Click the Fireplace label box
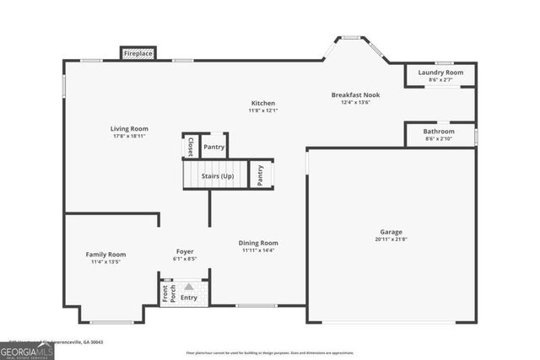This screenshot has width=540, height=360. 138,54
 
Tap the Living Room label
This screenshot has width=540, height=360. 129,129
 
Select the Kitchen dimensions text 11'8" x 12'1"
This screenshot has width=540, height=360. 263,110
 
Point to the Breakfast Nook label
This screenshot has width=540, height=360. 355,95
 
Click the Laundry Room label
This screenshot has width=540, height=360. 440,73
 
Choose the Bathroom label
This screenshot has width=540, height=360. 440,132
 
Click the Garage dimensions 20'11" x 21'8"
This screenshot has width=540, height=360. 391,239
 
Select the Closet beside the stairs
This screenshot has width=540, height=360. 191,146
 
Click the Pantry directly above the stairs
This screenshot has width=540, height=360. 214,147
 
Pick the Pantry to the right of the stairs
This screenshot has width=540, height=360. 261,175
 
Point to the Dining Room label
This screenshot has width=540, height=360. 258,243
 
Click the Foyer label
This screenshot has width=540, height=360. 185,251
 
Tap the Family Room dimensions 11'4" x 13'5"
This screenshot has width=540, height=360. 105,262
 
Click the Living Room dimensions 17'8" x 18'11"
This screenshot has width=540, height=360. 129,137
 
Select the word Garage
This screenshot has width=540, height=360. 391,232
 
